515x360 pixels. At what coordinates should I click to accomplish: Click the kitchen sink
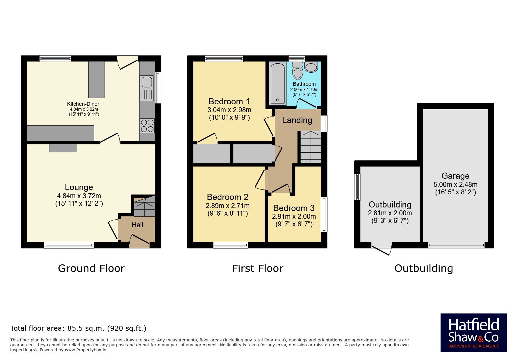click(147, 88)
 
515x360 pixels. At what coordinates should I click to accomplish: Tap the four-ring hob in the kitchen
click(147, 126)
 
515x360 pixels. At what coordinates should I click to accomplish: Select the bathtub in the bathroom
click(277, 84)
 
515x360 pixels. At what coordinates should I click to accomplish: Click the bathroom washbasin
click(311, 67)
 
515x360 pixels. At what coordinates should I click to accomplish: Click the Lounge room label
click(79, 187)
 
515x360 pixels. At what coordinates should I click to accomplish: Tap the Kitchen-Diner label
click(83, 104)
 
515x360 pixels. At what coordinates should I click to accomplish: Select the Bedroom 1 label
click(229, 101)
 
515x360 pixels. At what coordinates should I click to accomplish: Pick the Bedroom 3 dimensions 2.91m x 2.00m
click(294, 216)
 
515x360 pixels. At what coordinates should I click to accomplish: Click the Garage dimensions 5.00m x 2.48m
click(455, 185)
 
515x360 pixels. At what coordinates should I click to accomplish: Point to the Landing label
click(297, 120)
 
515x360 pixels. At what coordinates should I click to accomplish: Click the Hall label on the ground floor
click(137, 225)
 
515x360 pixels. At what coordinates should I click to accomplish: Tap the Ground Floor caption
click(91, 268)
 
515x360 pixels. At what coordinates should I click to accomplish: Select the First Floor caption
click(258, 268)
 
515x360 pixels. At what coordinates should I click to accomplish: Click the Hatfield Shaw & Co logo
click(473, 333)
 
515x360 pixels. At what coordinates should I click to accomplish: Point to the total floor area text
click(78, 328)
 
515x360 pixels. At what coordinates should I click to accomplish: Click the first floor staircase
click(311, 147)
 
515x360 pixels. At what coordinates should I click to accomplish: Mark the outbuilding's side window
click(357, 187)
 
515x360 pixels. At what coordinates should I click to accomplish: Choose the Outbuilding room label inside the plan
click(390, 205)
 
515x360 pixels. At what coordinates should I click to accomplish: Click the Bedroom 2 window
click(231, 245)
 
